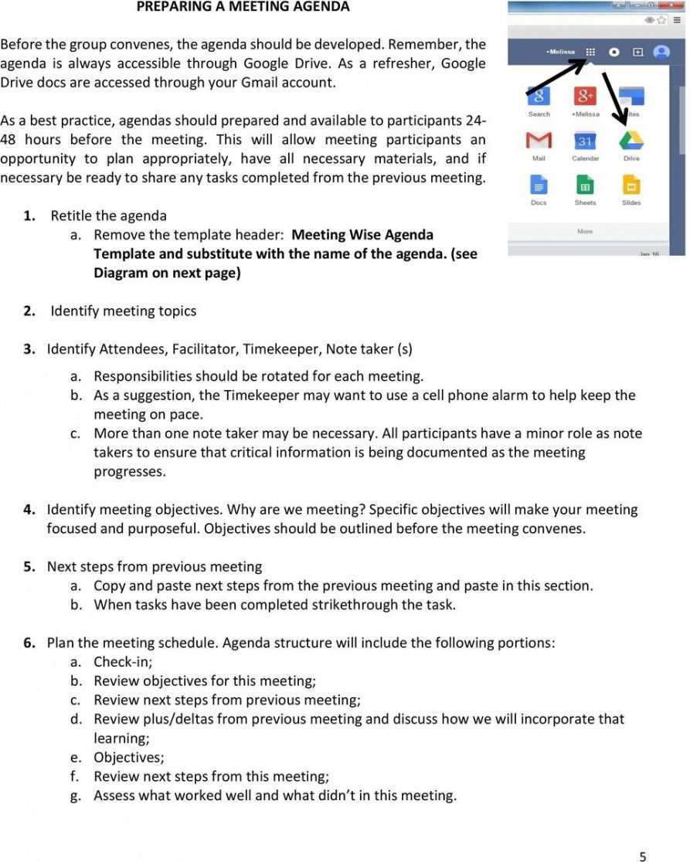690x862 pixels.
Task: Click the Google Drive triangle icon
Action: (x=631, y=140)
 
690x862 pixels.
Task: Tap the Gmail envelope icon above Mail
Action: (x=539, y=141)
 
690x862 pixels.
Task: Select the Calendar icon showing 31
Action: (x=585, y=141)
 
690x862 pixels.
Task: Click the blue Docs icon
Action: (x=539, y=185)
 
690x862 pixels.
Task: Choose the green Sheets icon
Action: (x=585, y=185)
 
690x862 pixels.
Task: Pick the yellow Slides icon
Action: (x=631, y=185)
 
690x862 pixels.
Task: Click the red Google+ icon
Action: (x=585, y=97)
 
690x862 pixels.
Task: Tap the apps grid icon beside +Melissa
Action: (x=590, y=53)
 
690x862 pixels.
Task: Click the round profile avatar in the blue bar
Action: (x=661, y=53)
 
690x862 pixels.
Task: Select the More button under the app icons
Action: (x=585, y=231)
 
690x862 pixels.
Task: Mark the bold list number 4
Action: (x=29, y=510)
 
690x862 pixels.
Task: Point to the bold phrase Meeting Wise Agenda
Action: (x=362, y=235)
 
